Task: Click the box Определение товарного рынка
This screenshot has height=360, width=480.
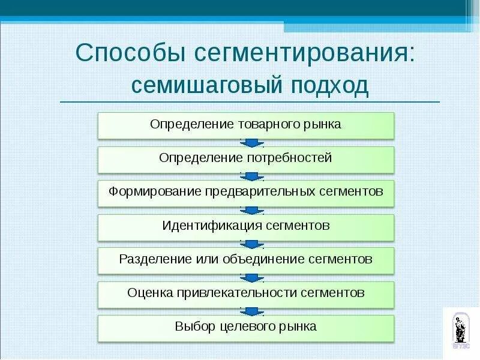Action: pos(245,125)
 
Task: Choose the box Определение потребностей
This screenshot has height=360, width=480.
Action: pos(245,159)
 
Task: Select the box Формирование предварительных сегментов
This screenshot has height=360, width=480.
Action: pos(245,193)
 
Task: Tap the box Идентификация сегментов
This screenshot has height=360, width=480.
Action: pos(245,227)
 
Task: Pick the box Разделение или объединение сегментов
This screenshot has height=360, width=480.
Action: pos(245,260)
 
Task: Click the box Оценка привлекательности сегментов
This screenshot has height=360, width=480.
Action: pos(245,294)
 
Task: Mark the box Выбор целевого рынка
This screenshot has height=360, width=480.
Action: pos(245,328)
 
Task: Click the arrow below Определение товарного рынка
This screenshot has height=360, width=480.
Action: pos(252,143)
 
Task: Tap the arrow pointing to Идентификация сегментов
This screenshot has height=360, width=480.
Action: pos(252,210)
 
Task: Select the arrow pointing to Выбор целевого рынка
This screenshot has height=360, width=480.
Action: pos(252,311)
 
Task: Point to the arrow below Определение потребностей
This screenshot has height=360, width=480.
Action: pos(252,176)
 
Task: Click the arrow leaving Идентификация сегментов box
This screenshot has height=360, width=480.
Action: pos(252,244)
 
